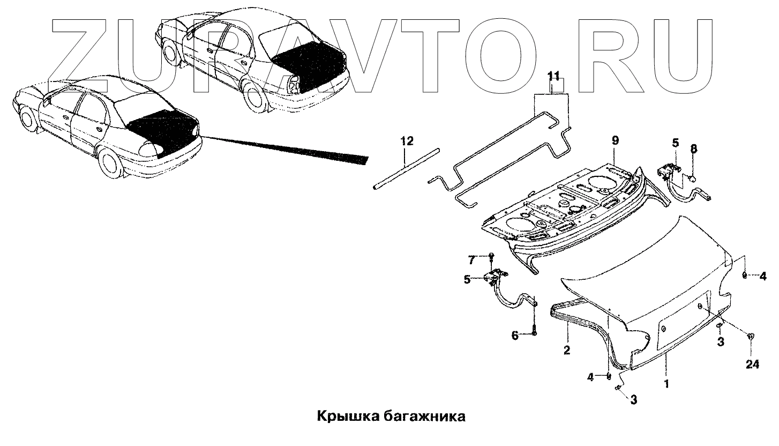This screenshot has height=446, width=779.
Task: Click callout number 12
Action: coord(407,142)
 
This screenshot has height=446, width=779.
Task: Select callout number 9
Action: coord(616,140)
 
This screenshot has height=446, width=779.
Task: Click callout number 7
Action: coord(471,261)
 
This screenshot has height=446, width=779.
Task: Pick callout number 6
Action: coord(515,336)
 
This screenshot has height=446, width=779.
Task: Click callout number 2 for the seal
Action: coord(566,351)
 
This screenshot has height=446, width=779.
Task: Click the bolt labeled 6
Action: coord(534,330)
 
